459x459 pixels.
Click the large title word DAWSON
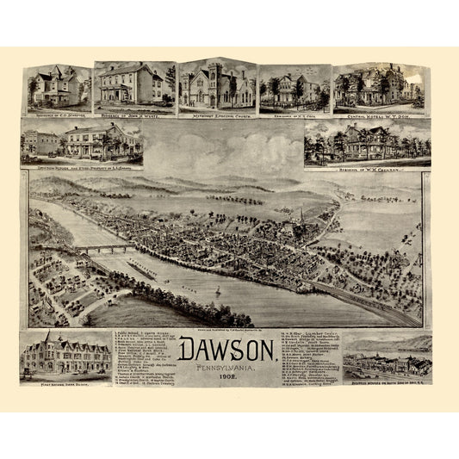pos(228,349)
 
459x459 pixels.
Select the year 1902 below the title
pos(228,375)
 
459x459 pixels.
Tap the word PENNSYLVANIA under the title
pos(228,364)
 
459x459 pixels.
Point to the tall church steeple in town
pos(301,214)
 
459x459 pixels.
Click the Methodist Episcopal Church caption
pos(215,112)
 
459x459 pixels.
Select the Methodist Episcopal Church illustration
pos(215,86)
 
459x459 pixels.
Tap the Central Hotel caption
pos(376,111)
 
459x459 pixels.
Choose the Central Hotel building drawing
pos(376,86)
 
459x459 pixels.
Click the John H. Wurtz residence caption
pos(133,110)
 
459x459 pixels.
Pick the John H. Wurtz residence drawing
pos(133,84)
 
